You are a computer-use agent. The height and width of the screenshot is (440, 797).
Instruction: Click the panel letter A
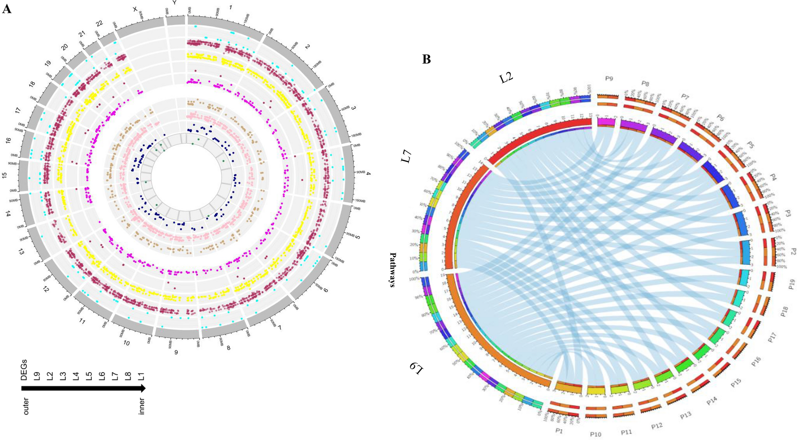click(7, 9)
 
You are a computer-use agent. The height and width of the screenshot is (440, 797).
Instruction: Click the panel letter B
click(426, 60)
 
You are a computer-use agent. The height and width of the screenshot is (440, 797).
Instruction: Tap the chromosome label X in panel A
click(135, 9)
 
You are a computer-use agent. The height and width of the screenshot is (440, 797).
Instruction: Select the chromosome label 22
click(99, 23)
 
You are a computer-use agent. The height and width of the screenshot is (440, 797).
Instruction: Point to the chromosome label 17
click(18, 110)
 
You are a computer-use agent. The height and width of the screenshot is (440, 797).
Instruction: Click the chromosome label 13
click(21, 251)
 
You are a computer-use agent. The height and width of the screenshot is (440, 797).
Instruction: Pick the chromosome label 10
click(126, 343)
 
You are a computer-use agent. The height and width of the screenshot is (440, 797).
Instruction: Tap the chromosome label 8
click(228, 348)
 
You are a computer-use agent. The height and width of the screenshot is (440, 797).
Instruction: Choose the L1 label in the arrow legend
click(141, 376)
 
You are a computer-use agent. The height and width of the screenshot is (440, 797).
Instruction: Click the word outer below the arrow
click(26, 407)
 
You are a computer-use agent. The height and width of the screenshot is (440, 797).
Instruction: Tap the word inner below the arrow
click(141, 407)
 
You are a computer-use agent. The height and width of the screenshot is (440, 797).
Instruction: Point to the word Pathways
click(393, 270)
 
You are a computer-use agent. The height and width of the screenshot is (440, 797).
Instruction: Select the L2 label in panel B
click(506, 77)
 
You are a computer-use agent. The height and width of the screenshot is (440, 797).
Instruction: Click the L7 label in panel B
click(406, 157)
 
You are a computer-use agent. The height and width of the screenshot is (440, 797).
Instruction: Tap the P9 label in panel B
click(609, 79)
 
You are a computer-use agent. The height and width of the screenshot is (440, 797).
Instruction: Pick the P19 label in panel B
click(791, 284)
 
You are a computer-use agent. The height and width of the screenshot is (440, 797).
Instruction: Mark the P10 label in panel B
click(595, 434)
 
